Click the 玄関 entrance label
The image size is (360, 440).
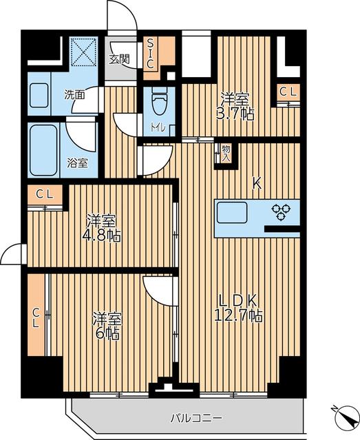tap(119, 59)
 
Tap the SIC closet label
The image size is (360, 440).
tap(151, 53)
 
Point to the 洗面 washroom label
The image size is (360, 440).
tap(75, 94)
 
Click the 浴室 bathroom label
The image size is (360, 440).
tap(77, 163)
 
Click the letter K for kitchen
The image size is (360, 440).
tap(256, 184)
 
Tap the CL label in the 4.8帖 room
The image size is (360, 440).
tap(45, 194)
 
